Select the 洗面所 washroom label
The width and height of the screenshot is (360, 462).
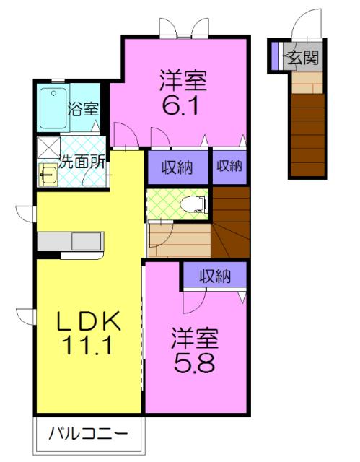(x=83, y=162)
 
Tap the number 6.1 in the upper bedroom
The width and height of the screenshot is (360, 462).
(x=183, y=107)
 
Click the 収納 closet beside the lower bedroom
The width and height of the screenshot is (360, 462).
(x=214, y=275)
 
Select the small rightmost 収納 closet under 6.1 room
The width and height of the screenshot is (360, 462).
(x=228, y=166)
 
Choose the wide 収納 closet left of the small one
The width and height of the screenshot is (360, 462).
(x=177, y=166)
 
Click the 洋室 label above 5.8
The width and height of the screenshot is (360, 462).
(x=195, y=336)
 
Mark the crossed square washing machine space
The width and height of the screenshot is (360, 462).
(x=48, y=147)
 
